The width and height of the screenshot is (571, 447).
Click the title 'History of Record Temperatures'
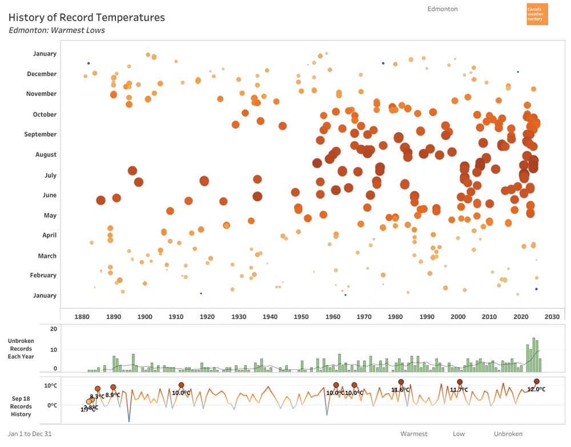(x=87, y=18)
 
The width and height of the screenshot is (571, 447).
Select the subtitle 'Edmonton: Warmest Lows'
(x=57, y=30)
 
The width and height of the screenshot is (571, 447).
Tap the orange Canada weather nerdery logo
(x=537, y=14)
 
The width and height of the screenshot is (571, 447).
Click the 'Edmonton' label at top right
(x=442, y=9)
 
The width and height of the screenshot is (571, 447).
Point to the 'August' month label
(x=46, y=154)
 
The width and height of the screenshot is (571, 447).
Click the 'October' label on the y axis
(x=45, y=114)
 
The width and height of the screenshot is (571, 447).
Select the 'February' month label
(x=43, y=275)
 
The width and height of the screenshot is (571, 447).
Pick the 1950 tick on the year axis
(x=301, y=317)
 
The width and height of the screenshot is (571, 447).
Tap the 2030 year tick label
(x=552, y=317)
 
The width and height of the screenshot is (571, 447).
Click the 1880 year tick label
(x=82, y=317)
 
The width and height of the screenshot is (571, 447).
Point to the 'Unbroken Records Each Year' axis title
(x=21, y=349)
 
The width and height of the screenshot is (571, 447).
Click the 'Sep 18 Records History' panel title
(x=21, y=406)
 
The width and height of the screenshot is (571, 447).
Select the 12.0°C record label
(x=536, y=389)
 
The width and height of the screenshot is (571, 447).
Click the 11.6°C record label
(x=400, y=390)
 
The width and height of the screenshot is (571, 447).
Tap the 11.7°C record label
(x=459, y=390)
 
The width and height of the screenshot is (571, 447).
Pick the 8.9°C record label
(x=112, y=395)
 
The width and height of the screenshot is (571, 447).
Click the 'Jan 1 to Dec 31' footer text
(x=30, y=434)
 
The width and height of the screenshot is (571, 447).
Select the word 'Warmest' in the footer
(x=413, y=434)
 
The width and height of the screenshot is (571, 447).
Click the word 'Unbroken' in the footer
(x=508, y=434)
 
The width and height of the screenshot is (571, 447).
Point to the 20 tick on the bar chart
(x=54, y=329)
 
